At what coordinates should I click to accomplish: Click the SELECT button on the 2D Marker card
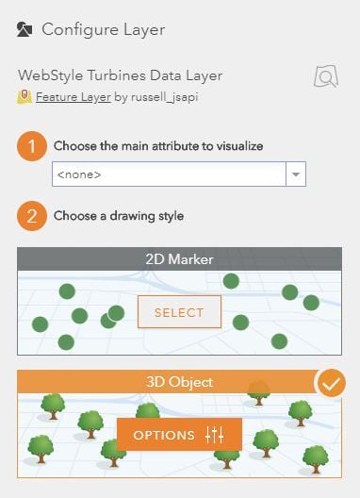(x=179, y=312)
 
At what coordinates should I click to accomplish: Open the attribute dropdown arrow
(x=296, y=174)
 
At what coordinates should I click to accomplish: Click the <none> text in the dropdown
(x=79, y=174)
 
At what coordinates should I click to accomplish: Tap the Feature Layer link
(x=74, y=97)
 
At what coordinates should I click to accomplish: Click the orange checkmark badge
(x=331, y=383)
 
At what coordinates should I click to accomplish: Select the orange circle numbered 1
(x=32, y=146)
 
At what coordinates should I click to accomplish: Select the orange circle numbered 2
(x=32, y=216)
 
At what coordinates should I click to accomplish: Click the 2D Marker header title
(x=179, y=259)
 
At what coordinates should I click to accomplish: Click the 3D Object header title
(x=179, y=382)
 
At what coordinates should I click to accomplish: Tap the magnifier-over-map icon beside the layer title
(x=326, y=76)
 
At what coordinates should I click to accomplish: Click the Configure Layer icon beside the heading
(x=25, y=29)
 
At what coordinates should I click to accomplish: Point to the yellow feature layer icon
(x=25, y=97)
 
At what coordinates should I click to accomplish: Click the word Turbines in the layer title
(x=117, y=75)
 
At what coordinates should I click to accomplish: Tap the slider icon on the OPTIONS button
(x=214, y=435)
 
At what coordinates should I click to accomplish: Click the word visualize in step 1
(x=239, y=146)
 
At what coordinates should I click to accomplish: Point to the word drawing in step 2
(x=132, y=216)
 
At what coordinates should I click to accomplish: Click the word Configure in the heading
(x=80, y=30)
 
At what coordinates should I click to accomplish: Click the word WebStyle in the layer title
(x=51, y=75)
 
